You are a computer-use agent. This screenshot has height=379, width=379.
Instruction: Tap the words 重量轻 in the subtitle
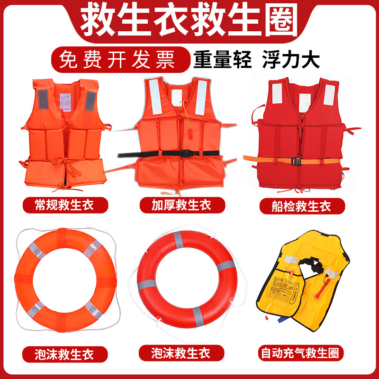point(222,60)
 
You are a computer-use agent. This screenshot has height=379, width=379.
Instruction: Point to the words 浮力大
point(291,60)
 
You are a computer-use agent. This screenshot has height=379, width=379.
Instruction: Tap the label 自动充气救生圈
point(302,353)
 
